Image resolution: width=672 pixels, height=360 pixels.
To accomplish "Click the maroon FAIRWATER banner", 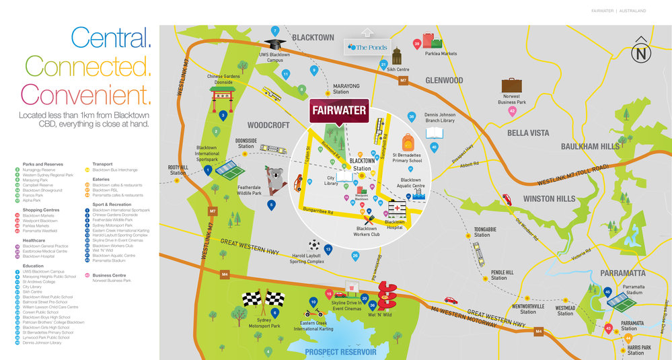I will click(339, 110).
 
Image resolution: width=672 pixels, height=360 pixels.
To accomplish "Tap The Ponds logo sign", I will click(367, 48).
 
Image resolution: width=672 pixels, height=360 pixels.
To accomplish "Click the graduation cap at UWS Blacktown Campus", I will click(272, 43).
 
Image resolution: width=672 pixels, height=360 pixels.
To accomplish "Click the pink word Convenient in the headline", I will click(85, 93).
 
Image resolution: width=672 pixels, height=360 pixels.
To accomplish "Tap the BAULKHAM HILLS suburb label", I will click(589, 146).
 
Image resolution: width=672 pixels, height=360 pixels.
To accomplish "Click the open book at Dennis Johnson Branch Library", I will click(435, 133).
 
